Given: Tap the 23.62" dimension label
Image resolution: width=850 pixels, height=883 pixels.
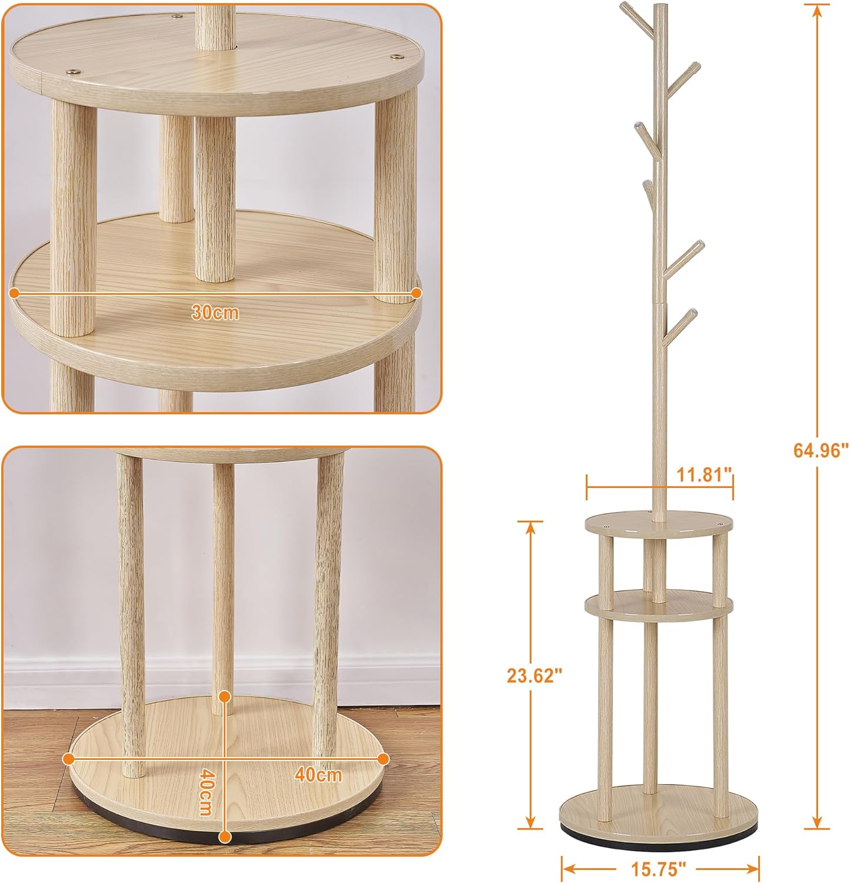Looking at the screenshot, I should tap(531, 676).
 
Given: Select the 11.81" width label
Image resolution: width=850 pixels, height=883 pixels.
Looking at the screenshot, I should tap(703, 474).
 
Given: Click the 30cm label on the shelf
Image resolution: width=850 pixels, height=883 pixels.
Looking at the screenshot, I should tap(215, 312).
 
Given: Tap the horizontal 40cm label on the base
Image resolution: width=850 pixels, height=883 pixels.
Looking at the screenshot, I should tap(318, 775).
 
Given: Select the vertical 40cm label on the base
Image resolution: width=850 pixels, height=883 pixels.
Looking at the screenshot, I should tap(205, 792).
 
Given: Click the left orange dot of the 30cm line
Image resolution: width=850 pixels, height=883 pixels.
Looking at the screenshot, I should tap(14, 292).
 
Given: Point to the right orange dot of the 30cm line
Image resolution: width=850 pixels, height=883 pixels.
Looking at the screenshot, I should tap(416, 293).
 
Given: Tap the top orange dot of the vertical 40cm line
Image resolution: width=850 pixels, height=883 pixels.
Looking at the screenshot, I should tap(224, 697).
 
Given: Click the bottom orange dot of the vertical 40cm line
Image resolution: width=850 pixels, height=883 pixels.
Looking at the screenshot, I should tap(224, 836).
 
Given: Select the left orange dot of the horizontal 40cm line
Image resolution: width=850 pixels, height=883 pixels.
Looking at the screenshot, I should tap(69, 759).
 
